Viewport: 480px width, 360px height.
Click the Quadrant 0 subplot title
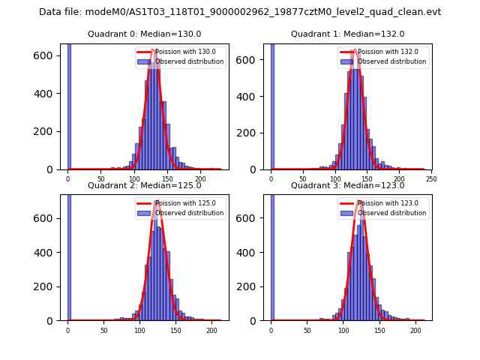coord(144,34)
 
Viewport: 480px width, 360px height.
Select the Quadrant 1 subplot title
coord(347,34)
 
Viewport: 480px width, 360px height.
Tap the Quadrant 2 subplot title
coord(144,185)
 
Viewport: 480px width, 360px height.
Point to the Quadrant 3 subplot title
coord(347,185)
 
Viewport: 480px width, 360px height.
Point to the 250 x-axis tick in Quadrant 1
coord(430,178)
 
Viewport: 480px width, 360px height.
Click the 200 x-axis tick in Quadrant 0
coord(200,178)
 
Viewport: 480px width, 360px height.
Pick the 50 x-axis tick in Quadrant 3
coord(307,330)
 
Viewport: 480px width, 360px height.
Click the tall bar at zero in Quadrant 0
coord(69,105)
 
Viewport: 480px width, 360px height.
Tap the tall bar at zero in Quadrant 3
coord(272,255)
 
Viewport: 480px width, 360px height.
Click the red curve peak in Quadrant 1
coord(355,50)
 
